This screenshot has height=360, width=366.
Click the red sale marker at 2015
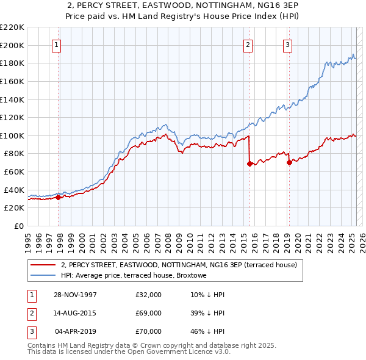coord(249,164)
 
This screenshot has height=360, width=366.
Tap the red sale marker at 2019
coord(289,162)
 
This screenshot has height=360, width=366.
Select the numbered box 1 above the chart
coord(56,44)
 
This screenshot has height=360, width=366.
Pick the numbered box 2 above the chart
coord(248,44)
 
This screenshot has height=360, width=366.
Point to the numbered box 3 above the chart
coord(287,44)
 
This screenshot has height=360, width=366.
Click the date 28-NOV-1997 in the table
coord(75,295)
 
